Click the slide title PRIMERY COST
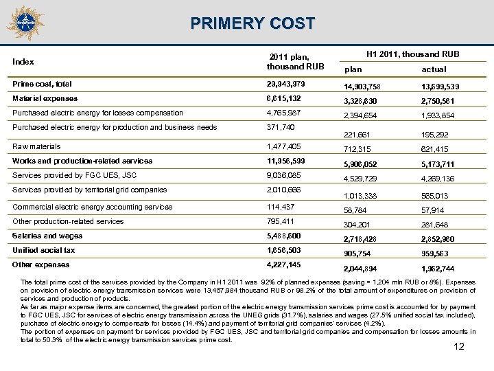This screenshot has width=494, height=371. coord(253,24)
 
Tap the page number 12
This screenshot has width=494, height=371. coord(459,346)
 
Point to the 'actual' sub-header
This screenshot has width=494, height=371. coord(434,69)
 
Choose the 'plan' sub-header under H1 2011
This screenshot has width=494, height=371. coord(353,69)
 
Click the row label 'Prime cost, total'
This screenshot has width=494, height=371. coord(42,84)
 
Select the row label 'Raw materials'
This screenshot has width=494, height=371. coord(36,146)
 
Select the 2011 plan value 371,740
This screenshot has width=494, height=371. coord(283,128)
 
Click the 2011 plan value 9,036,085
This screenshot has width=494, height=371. coord(288,175)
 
